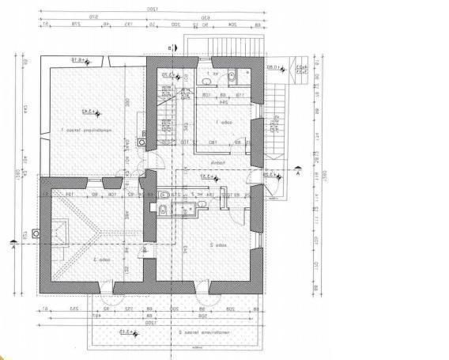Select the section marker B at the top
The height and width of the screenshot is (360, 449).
click(170, 47)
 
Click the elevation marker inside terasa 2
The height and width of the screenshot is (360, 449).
click(120, 333)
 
